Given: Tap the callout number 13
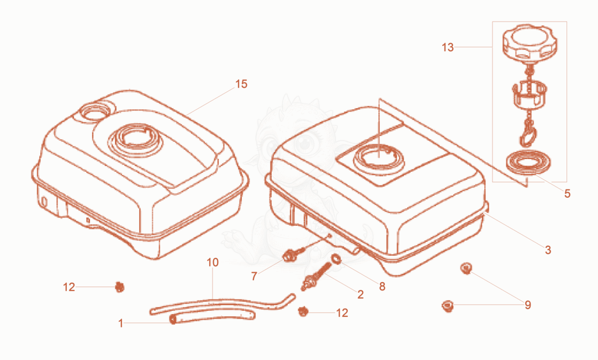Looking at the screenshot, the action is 448,47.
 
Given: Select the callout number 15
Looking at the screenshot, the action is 241,84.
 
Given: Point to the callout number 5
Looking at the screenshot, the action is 567,194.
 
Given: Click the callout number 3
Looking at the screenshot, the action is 548,250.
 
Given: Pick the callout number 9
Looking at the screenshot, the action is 528,305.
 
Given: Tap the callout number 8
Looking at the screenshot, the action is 382,287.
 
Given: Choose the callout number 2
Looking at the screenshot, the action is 361,294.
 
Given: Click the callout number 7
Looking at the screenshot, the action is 254,276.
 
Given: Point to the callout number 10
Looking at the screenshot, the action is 213,262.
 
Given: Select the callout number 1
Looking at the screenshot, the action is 121,324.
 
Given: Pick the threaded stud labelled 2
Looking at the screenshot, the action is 316,277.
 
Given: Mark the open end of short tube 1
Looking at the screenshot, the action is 173,319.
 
